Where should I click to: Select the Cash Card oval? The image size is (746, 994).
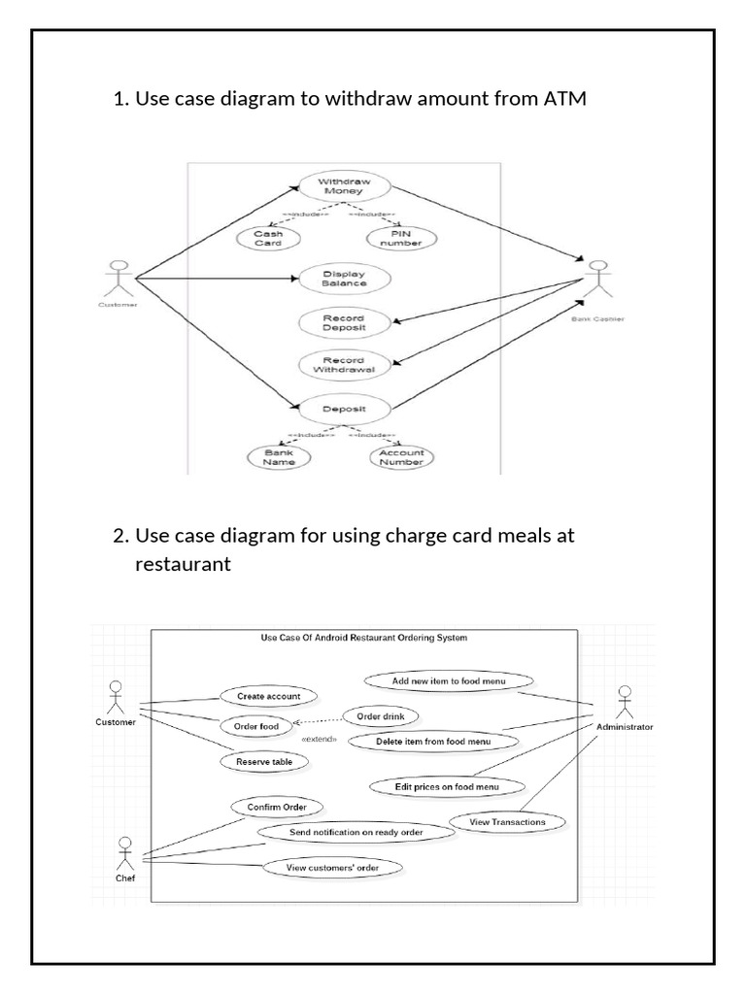[x=267, y=238]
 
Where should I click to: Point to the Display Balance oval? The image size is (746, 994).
[x=344, y=279]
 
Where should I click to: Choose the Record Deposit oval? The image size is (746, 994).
[x=344, y=322]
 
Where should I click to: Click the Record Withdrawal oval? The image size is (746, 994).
[x=344, y=363]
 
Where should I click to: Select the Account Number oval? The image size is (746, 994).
[x=400, y=456]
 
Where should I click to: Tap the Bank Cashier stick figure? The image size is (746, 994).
[x=596, y=279]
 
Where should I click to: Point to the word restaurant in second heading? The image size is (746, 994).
[x=183, y=564]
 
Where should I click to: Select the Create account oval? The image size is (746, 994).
[x=267, y=696]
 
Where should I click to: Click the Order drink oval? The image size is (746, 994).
[x=381, y=716]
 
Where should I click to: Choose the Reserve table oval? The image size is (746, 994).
[x=264, y=762]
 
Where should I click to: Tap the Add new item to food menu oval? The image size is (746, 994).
[x=449, y=680]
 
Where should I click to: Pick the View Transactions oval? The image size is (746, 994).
[x=507, y=821]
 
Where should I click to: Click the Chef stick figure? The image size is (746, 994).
[x=124, y=853]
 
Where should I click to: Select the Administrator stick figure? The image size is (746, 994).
[x=625, y=702]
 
